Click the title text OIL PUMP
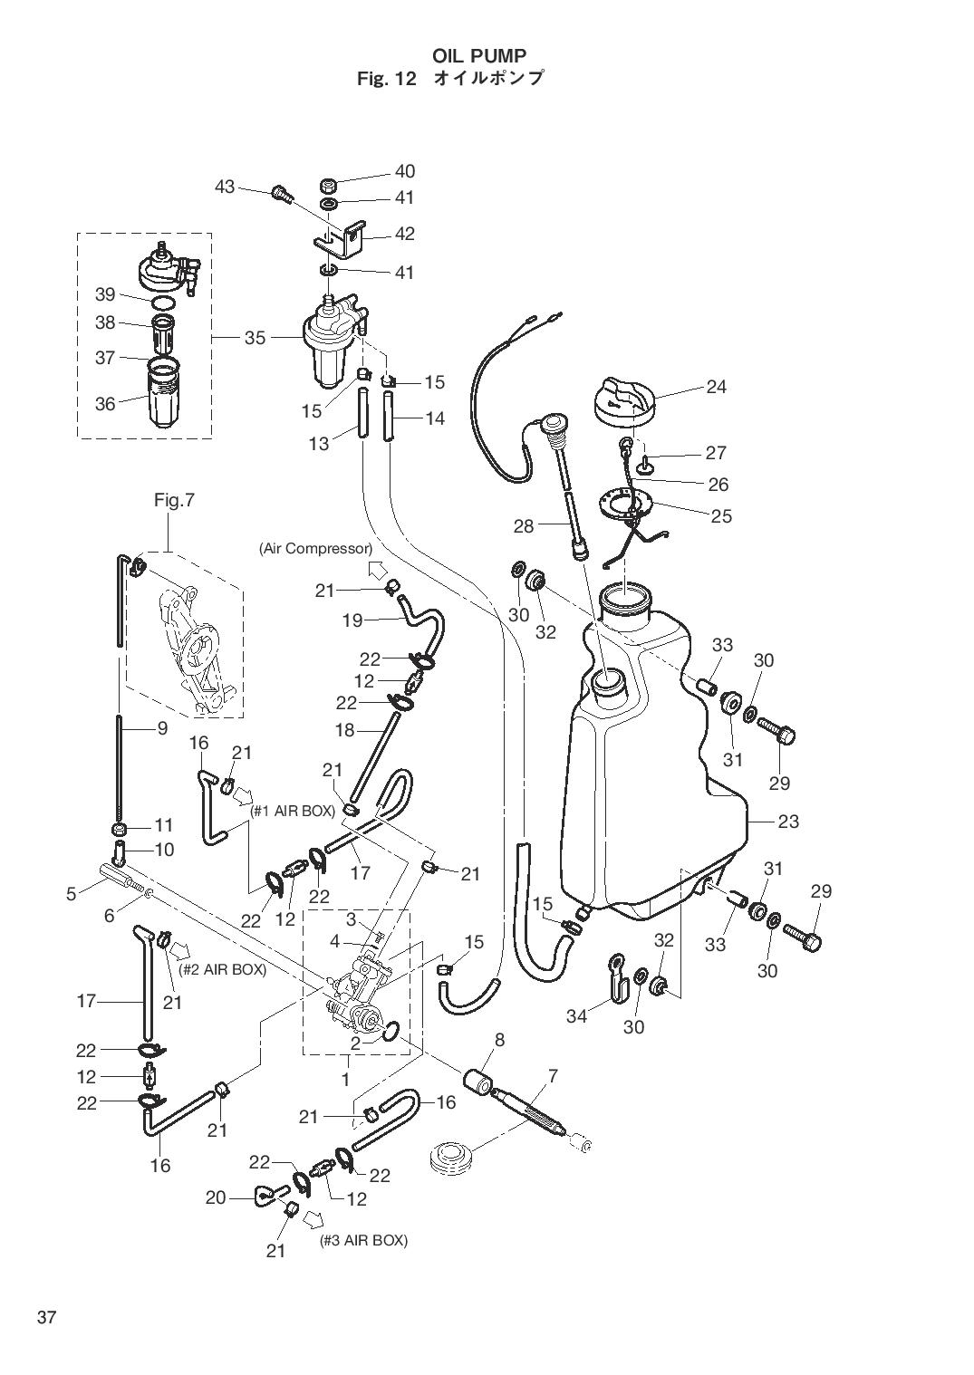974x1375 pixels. coord(479,56)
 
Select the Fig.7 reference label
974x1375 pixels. coord(174,501)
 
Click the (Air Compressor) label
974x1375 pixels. coord(315,548)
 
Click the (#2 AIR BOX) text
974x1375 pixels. coord(222,970)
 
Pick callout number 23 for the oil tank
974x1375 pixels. coord(788,822)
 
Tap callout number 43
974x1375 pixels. coord(225,186)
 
